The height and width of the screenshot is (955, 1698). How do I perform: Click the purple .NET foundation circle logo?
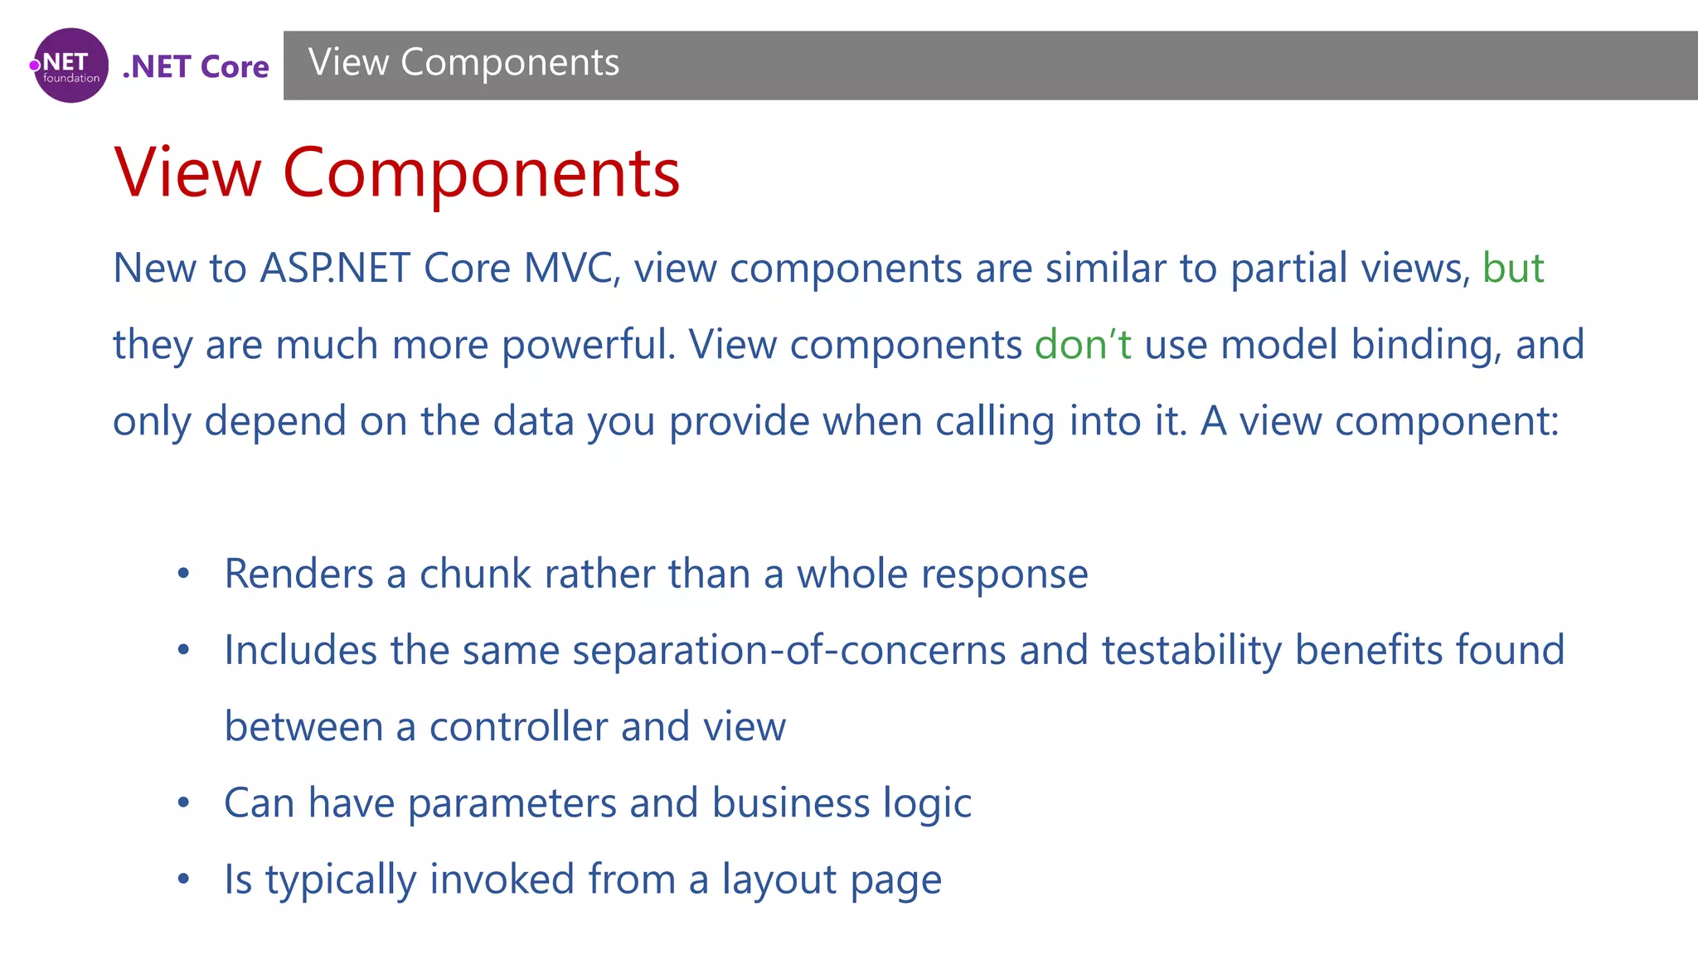tap(70, 65)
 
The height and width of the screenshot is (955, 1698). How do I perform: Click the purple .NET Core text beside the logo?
tap(196, 66)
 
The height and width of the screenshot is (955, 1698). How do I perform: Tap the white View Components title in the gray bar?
tap(463, 63)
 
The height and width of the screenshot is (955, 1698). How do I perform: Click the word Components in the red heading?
tap(481, 173)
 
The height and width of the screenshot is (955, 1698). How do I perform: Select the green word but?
tap(1512, 268)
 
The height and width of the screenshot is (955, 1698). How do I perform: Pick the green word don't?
tap(1082, 344)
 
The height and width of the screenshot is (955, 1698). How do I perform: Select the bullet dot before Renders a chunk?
tap(184, 574)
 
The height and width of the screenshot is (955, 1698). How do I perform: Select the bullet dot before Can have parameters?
tap(184, 802)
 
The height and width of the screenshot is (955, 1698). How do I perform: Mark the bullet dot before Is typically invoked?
tap(184, 879)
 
